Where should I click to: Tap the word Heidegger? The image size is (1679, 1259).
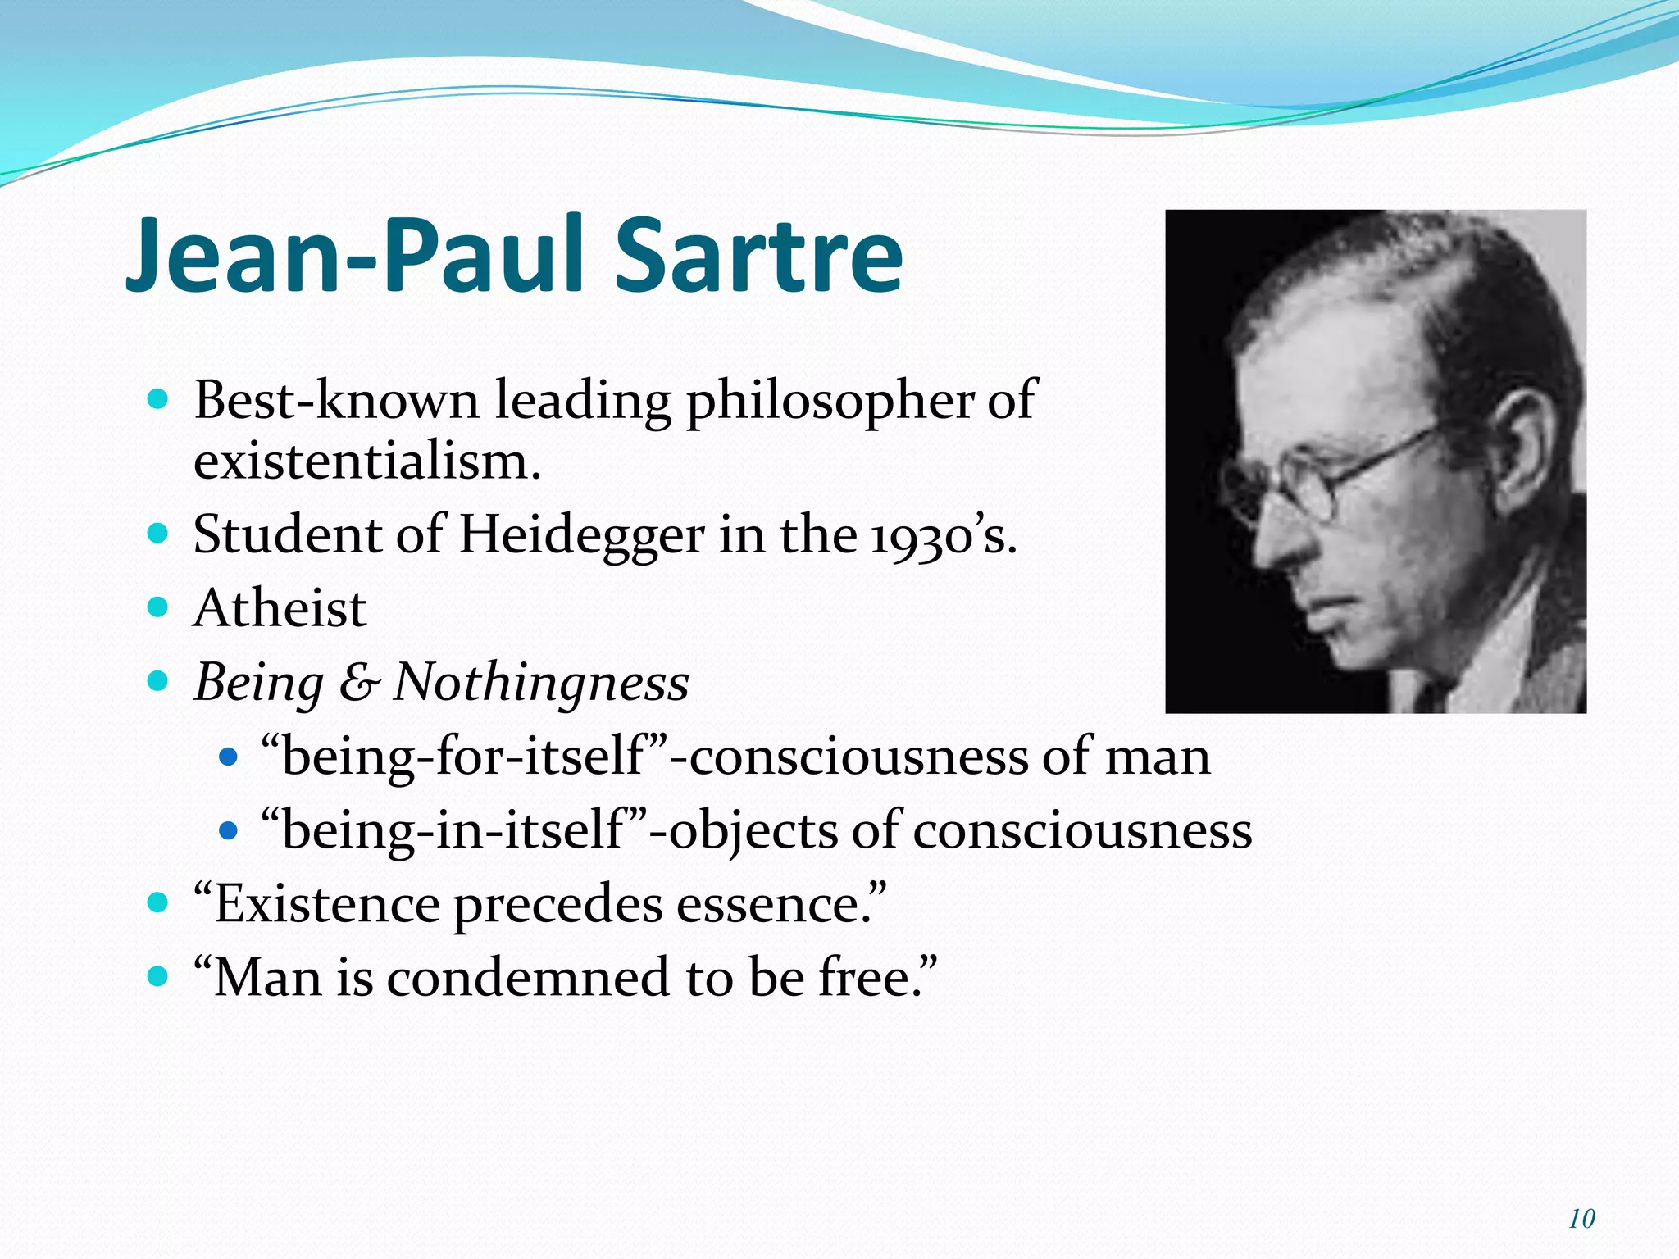pos(581,535)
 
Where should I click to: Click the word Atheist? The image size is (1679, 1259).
pos(280,609)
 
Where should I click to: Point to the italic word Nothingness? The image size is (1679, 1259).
pos(540,683)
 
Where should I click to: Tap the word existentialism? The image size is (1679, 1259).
pos(366,461)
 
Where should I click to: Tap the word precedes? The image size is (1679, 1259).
pos(558,904)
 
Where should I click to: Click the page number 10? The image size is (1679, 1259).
pos(1581,1219)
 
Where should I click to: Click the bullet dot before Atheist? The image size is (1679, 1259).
pos(157,607)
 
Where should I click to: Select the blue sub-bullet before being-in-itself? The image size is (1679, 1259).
pos(229,831)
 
